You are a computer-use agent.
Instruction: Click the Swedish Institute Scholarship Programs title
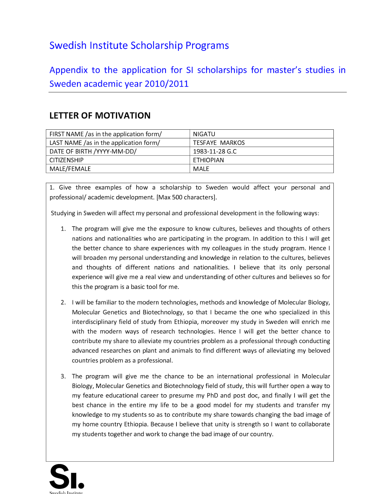tap(139, 45)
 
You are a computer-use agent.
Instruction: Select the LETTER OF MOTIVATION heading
tap(100, 115)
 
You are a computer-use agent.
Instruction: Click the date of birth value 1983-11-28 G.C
tap(214, 151)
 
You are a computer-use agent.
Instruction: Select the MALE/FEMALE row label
tap(70, 169)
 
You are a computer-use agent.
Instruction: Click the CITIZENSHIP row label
tap(66, 160)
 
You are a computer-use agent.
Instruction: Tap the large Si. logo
tap(66, 477)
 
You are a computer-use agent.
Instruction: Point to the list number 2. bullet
tap(63, 303)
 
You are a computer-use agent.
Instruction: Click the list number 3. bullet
tap(63, 376)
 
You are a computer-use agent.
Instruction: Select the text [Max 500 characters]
tap(187, 197)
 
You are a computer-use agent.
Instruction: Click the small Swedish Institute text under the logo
tap(66, 492)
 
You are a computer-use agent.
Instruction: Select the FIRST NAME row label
tap(105, 134)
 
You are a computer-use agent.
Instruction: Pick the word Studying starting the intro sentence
tap(63, 213)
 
